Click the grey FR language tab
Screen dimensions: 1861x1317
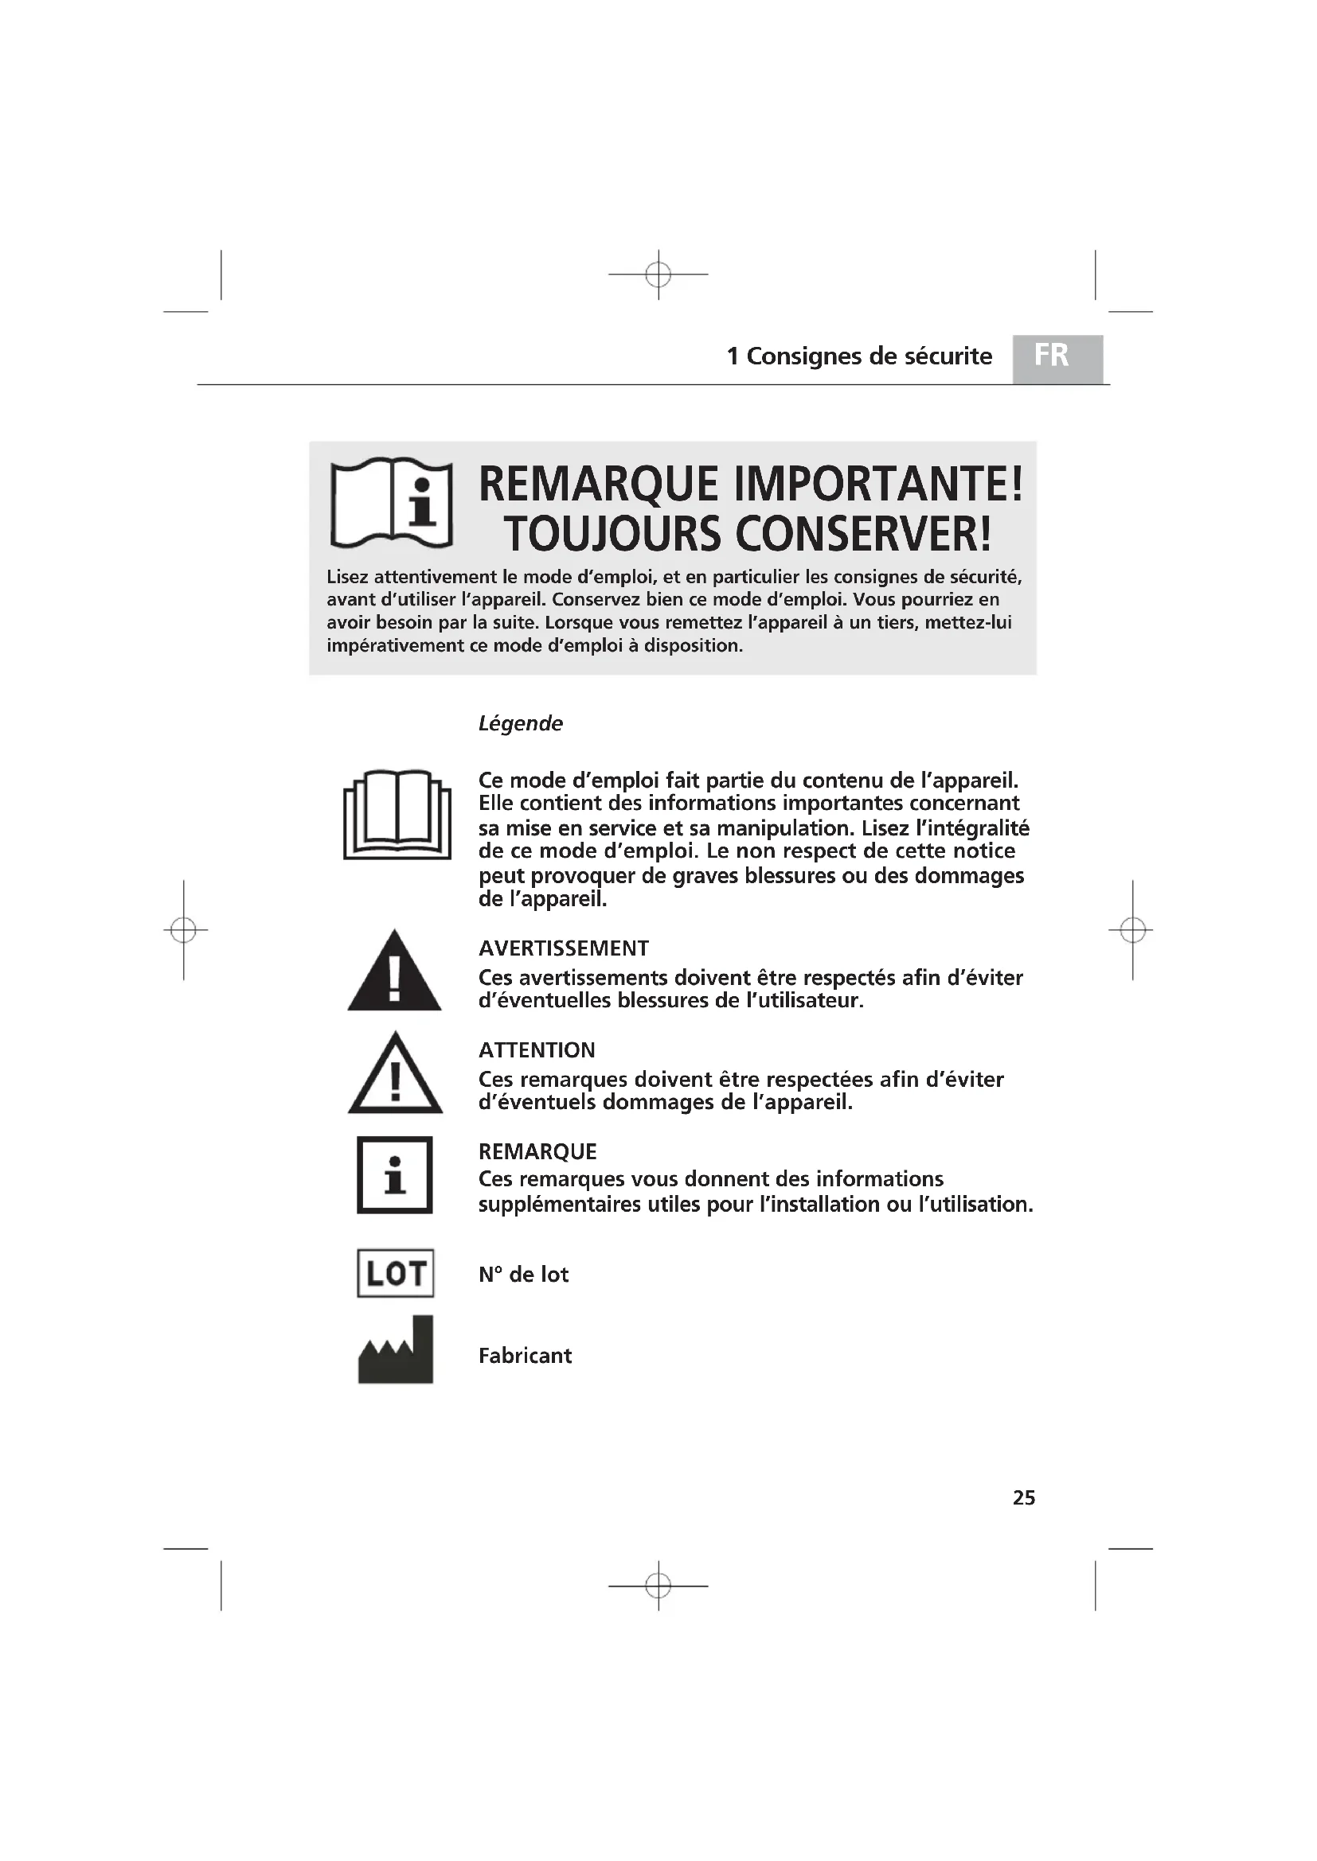1057,357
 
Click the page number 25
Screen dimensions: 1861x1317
1023,1498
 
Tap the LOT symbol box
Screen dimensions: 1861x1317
396,1273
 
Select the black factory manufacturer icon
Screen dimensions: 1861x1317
396,1350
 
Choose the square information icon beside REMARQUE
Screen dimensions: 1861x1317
395,1174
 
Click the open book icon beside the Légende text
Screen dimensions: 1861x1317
397,814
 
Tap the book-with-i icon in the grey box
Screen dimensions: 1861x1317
392,504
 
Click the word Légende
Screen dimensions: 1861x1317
520,723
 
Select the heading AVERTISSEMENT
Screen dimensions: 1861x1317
564,948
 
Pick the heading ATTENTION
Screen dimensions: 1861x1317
537,1050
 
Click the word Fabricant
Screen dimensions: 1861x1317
525,1356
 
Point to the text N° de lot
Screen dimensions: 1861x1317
523,1275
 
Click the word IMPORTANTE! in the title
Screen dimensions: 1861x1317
878,485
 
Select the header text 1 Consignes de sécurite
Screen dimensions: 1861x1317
859,356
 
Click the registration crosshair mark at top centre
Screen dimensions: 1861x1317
658,274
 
